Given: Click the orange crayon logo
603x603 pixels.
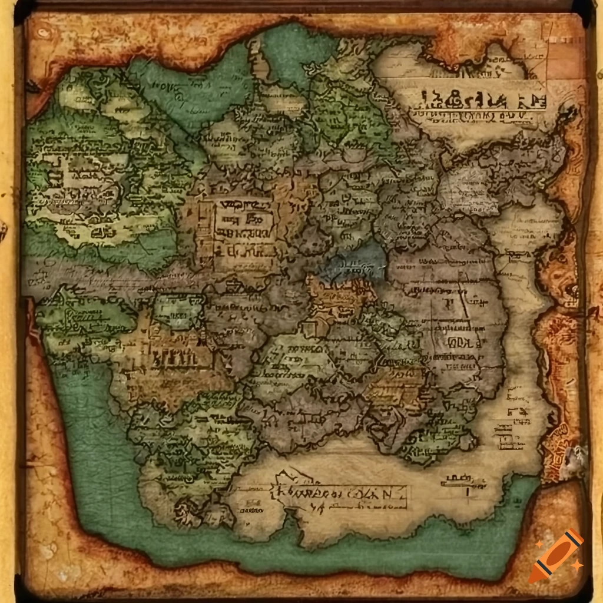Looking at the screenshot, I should [x=555, y=555].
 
